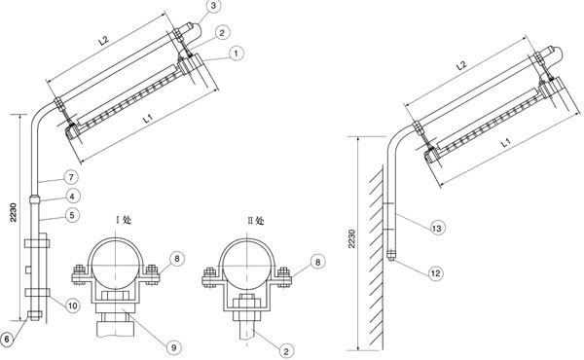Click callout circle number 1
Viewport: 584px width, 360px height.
(236, 54)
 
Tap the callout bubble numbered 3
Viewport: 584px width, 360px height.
(214, 7)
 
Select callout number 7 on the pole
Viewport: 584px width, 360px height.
(71, 177)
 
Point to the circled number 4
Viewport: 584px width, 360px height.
(72, 196)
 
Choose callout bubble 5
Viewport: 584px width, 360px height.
(72, 215)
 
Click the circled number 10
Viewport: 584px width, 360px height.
(72, 306)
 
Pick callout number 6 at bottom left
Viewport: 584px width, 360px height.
(7, 340)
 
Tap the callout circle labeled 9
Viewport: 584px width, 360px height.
(173, 347)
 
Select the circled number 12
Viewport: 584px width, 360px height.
(435, 273)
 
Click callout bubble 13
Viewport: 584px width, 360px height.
(437, 228)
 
